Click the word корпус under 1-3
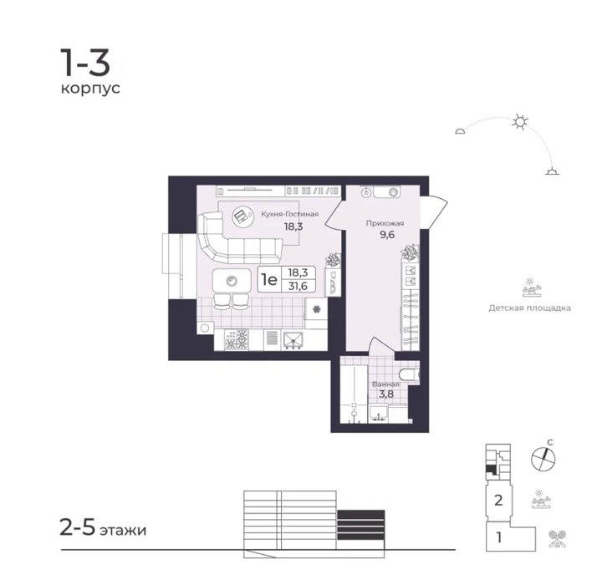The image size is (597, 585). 90,89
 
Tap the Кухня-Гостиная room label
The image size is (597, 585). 290,214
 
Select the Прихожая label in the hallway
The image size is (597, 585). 385,223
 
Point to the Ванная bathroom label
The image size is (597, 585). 385,384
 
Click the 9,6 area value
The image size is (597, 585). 387,235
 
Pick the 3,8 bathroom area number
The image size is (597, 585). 386,394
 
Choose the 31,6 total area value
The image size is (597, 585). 298,286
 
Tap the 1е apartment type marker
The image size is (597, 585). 268,280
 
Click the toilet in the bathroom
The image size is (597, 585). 410,376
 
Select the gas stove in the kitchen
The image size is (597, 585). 237,339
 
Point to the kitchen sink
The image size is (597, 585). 293,340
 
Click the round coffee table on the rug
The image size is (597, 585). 242,217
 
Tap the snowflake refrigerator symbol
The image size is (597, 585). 316,308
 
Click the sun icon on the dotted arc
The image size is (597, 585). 520,122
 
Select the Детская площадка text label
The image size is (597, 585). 529,308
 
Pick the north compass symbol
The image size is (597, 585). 543,458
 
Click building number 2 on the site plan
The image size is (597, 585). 498,500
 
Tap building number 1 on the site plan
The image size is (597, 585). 499,538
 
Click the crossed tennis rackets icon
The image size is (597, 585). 557,539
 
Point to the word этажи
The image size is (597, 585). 123,530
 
